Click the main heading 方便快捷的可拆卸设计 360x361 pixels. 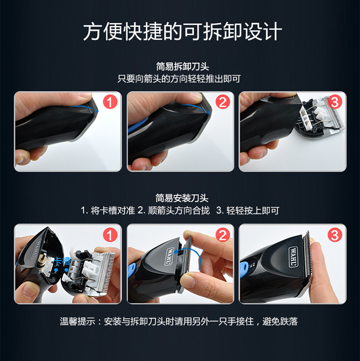pos(182,31)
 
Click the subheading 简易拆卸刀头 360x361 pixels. pos(182,67)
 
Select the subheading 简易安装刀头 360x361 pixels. pos(182,198)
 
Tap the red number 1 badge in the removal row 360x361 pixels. pos(110,102)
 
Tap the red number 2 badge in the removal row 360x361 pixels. pos(223,102)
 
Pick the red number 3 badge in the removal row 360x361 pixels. pos(335,102)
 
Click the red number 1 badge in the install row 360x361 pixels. pos(110,235)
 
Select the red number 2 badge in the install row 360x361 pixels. pos(223,235)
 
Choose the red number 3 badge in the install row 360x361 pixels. pos(335,235)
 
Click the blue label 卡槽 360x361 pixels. pos(63,261)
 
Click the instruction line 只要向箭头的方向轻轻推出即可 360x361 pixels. pos(179,79)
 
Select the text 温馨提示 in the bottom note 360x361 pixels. pos(77,322)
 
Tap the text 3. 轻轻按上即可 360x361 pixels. pos(248,211)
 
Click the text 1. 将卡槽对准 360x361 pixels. pos(108,211)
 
